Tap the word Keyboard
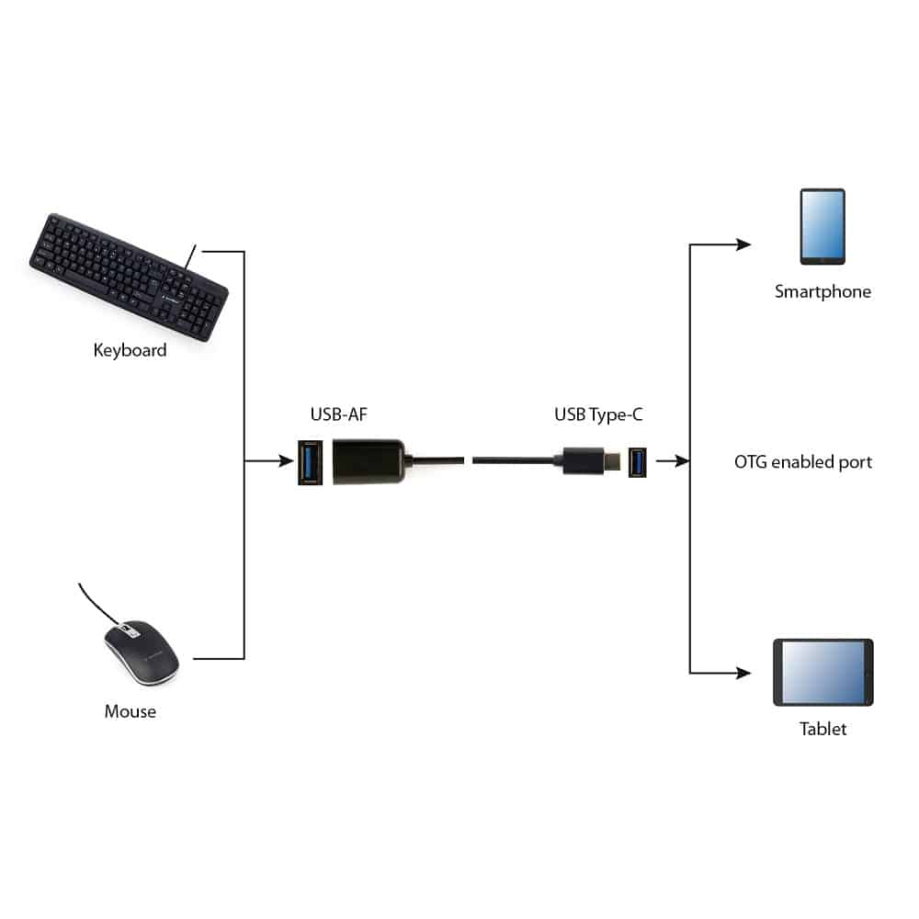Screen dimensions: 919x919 click(130, 350)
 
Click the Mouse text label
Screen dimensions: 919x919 click(130, 711)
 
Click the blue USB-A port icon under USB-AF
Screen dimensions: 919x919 click(311, 461)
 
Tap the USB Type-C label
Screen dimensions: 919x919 click(598, 415)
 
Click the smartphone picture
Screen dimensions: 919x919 click(822, 227)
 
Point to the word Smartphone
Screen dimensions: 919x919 click(823, 292)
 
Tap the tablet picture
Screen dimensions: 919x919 click(823, 672)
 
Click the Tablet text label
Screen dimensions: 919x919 click(823, 730)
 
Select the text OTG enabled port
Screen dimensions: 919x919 click(803, 461)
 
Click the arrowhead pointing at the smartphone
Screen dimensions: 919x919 click(743, 244)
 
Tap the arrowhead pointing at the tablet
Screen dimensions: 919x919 click(743, 673)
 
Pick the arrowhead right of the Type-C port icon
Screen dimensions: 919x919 click(681, 461)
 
